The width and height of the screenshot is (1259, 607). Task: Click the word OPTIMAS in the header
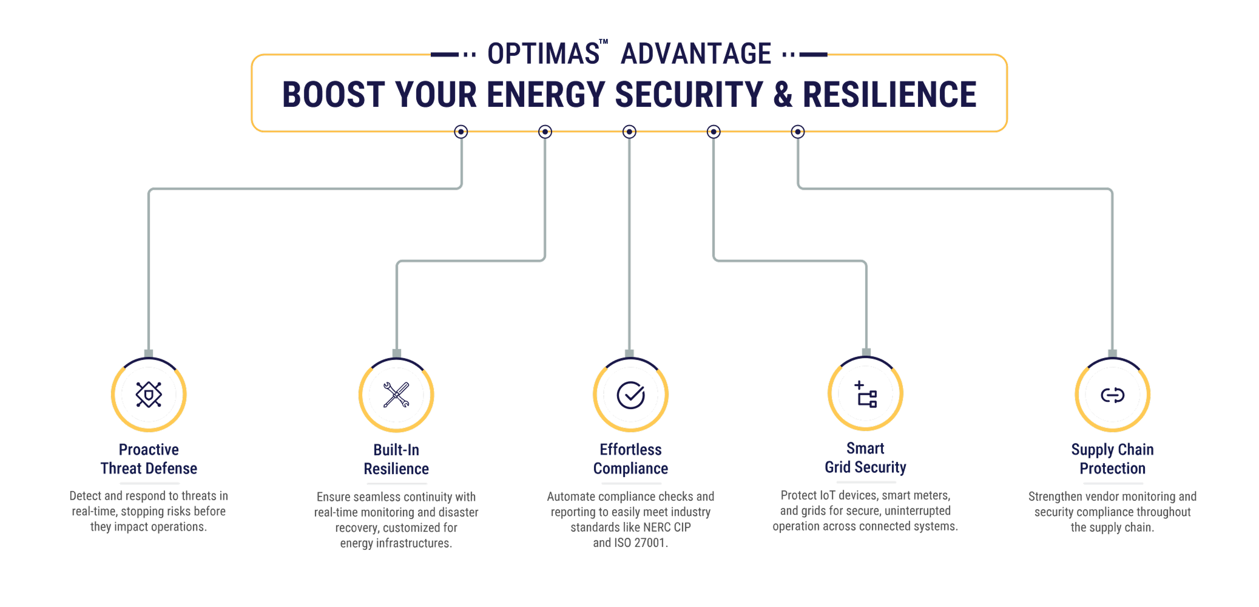pos(544,54)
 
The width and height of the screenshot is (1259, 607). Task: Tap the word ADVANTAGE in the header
pos(696,54)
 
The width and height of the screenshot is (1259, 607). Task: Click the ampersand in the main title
pos(782,95)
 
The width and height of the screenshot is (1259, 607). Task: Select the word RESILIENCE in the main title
pos(889,95)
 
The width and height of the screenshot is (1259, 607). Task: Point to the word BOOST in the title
pos(333,95)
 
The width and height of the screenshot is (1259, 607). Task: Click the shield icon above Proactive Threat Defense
pos(149,395)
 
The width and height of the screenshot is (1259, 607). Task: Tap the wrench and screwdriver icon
pos(396,395)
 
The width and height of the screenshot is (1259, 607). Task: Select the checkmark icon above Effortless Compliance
pos(630,395)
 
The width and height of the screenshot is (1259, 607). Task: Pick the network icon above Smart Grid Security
pos(866,395)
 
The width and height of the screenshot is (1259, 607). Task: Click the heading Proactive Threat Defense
pos(149,459)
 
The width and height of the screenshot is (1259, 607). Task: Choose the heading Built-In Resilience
pos(396,459)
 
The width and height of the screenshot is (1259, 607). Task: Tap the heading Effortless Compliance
pos(630,459)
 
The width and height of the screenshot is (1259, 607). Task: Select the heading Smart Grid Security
pos(865,458)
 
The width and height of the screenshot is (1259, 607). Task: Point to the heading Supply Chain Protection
pos(1112,459)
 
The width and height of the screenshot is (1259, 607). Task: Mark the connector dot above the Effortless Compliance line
pos(629,132)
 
